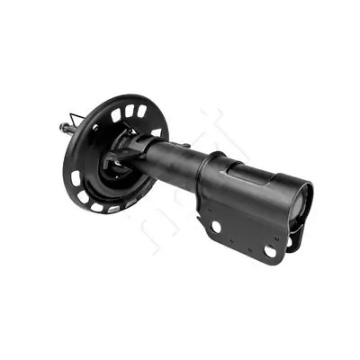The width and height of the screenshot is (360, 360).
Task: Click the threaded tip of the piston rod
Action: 64,129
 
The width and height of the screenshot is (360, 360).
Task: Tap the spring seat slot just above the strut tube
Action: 157,132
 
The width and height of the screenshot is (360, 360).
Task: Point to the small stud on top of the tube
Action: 185,145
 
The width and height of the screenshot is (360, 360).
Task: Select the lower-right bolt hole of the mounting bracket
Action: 270,252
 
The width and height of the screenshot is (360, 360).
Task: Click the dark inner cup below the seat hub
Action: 112,171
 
